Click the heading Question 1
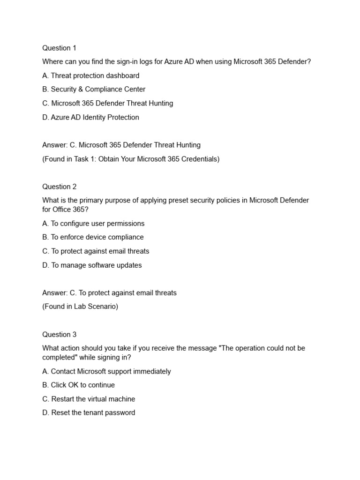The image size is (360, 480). (59, 48)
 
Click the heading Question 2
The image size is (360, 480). (59, 187)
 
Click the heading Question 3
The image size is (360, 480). (59, 335)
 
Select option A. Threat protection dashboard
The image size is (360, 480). (90, 75)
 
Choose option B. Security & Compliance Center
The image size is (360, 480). (94, 89)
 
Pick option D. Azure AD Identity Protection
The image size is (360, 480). (90, 117)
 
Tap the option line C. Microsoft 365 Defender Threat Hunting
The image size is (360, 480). (107, 103)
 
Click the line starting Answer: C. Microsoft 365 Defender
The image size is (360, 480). (121, 145)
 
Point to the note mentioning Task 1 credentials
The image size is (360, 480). (130, 159)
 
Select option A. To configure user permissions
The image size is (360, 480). (93, 224)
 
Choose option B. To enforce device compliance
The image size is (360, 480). (93, 237)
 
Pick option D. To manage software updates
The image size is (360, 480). (92, 265)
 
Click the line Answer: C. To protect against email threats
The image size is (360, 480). (109, 293)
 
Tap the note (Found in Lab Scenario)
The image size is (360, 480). (80, 307)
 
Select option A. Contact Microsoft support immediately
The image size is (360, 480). (106, 371)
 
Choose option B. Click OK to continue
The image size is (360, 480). (78, 385)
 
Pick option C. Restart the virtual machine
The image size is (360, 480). (89, 399)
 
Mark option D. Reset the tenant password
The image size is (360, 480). (89, 412)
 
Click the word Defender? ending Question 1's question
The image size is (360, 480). (294, 62)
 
